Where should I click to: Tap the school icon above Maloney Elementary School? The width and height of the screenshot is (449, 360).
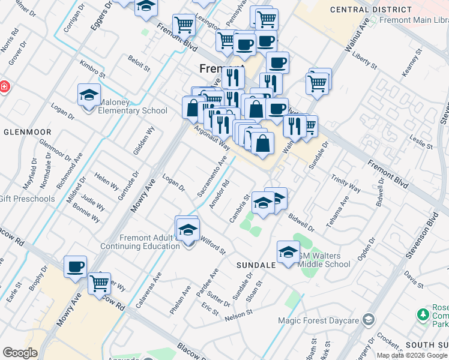click(x=89, y=95)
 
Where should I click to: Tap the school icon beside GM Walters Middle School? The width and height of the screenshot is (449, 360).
click(x=288, y=251)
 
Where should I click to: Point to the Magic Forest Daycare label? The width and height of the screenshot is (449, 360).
click(x=318, y=320)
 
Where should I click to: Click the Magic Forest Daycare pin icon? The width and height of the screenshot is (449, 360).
click(x=369, y=320)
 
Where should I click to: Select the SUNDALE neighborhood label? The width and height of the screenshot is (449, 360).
click(x=256, y=265)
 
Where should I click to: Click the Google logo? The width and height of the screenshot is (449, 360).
click(x=20, y=353)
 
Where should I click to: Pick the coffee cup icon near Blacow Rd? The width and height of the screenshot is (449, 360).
click(x=76, y=266)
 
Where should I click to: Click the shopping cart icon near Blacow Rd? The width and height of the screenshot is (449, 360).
click(x=99, y=283)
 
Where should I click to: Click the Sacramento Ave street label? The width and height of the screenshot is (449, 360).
click(x=212, y=176)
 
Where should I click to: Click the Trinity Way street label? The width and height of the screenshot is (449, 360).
click(x=345, y=184)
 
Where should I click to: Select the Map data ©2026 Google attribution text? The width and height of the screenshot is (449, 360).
click(x=412, y=355)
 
